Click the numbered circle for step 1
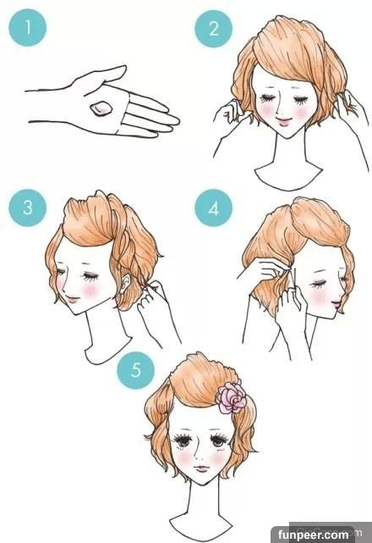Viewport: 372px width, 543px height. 27,27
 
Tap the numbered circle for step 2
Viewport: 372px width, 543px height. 213,29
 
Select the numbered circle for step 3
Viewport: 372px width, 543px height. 27,208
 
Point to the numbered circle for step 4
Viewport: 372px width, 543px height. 213,208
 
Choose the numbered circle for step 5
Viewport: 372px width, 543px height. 136,369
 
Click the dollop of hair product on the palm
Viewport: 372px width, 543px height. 101,109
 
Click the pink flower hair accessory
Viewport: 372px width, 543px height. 231,397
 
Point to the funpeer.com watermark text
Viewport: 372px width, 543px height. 313,535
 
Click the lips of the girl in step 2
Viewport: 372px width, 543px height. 285,122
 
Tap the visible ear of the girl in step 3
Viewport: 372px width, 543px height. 126,282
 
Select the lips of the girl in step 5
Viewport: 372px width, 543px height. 202,469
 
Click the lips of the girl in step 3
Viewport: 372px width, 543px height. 72,299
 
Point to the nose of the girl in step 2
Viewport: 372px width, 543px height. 279,109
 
